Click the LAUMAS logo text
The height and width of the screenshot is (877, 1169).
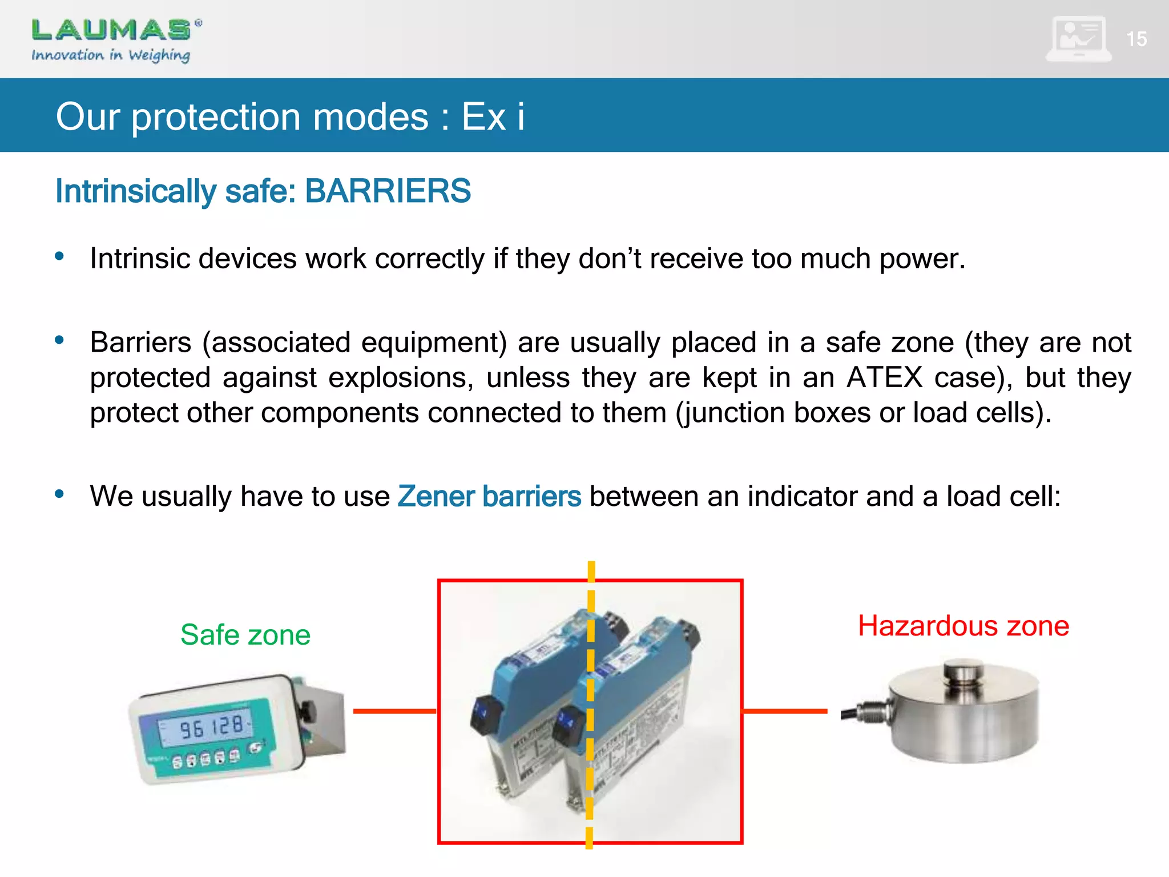(111, 30)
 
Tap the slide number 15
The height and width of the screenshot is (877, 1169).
(1136, 39)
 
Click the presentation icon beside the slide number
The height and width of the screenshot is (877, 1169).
(1078, 39)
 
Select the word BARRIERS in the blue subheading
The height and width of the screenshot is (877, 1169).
(388, 191)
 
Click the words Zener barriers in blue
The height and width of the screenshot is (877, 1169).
(489, 496)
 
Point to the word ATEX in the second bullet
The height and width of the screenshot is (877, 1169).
(884, 377)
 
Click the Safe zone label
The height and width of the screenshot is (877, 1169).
(245, 634)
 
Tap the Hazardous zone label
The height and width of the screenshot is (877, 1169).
(964, 626)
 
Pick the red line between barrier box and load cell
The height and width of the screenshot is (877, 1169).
(785, 711)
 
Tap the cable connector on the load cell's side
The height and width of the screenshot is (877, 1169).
(868, 712)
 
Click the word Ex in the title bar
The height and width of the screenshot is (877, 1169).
(483, 116)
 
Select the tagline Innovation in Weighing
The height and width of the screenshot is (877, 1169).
(111, 55)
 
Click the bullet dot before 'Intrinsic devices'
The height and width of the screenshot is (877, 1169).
(59, 256)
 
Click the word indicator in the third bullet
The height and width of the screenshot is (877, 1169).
(802, 496)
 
